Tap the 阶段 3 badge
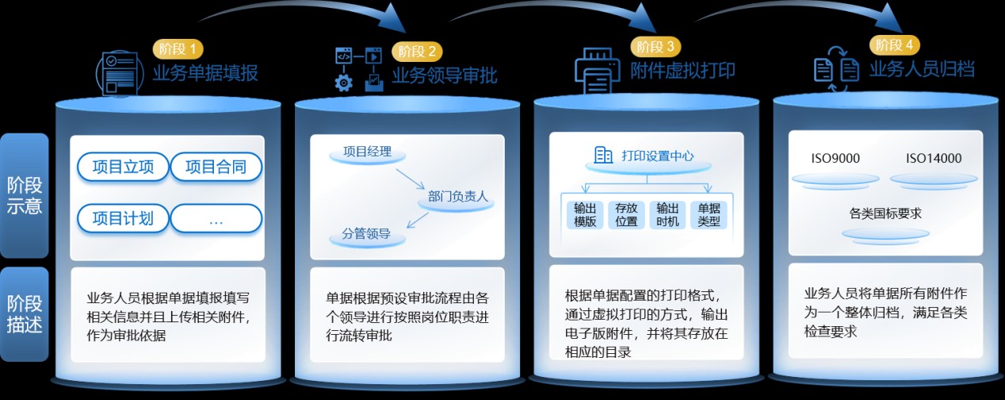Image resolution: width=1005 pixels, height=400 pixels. click(655, 46)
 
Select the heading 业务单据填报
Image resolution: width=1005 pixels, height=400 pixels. click(205, 74)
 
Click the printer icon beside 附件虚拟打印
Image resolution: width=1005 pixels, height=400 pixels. click(598, 67)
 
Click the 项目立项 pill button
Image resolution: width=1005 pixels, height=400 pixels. click(123, 167)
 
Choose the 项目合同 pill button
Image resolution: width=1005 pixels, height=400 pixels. click(216, 167)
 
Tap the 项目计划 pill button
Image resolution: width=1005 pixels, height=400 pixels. click(123, 218)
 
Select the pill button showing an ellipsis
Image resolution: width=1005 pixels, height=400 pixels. click(216, 219)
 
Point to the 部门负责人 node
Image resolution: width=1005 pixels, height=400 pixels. click(458, 197)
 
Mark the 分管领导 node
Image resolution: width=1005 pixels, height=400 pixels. click(366, 235)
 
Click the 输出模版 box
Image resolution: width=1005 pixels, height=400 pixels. click(585, 214)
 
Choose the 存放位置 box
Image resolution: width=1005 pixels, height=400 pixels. click(626, 214)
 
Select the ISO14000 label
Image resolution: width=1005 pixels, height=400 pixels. click(934, 159)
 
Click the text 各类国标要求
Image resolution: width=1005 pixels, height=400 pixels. click(885, 213)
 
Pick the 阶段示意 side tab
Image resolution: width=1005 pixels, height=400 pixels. click(25, 195)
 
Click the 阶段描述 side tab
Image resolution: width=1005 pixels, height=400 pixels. click(25, 314)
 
